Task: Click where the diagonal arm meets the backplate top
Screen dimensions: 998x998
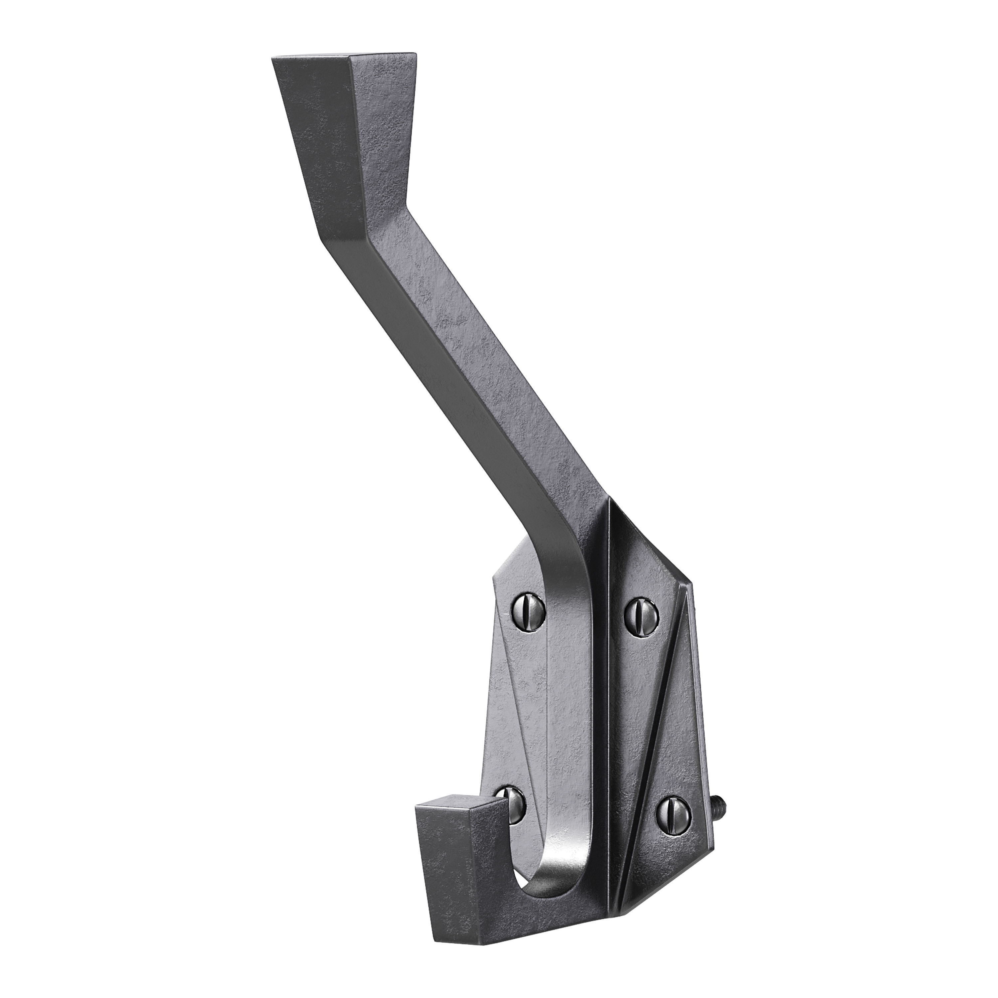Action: pos(589,517)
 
